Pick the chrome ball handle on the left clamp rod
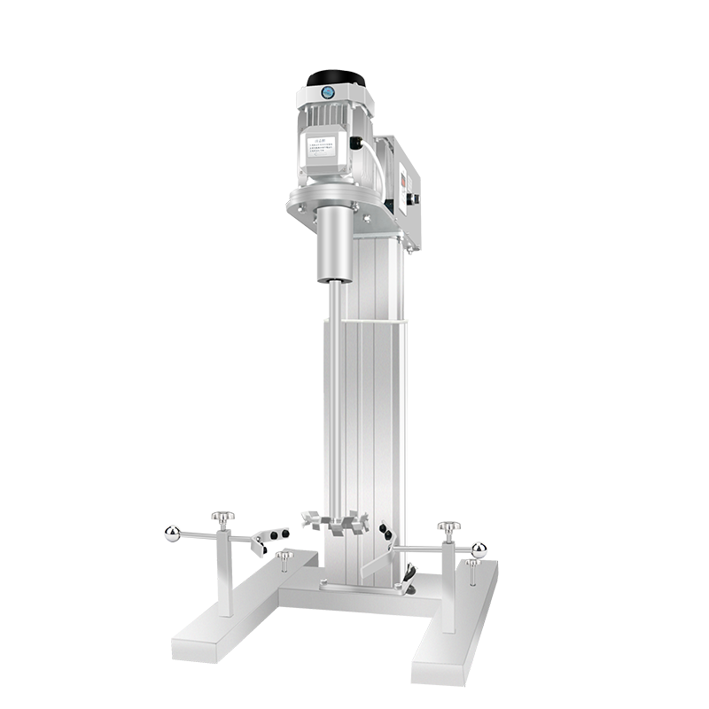(x=171, y=532)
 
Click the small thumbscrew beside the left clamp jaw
(x=287, y=557)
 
